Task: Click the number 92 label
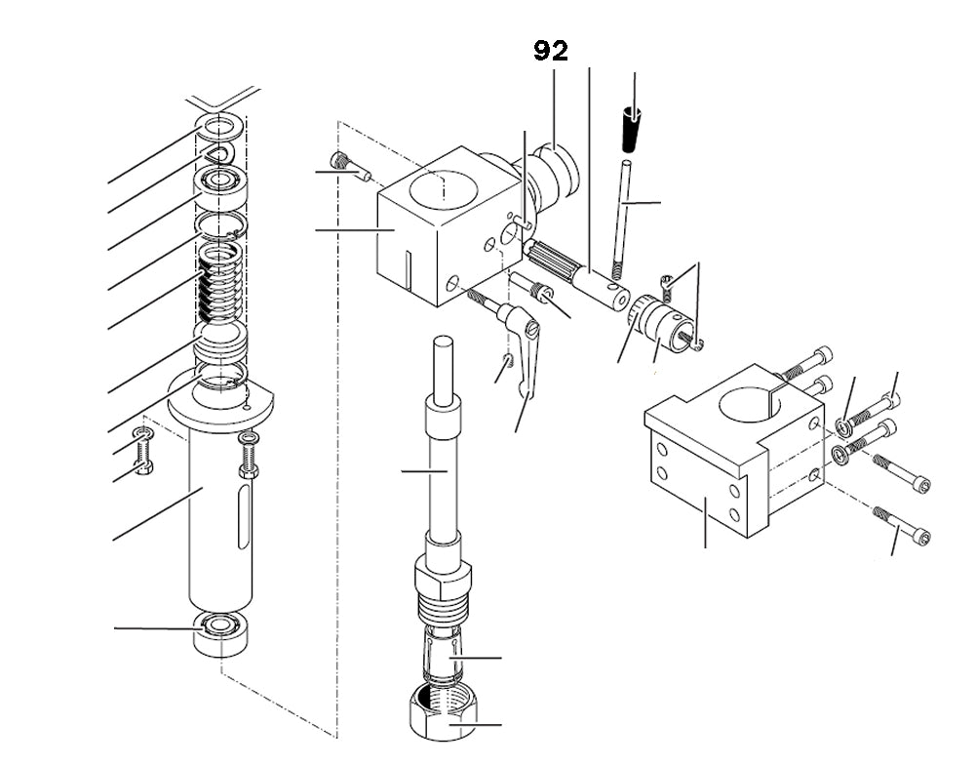[551, 51]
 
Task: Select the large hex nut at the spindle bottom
[444, 714]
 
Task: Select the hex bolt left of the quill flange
[143, 451]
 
